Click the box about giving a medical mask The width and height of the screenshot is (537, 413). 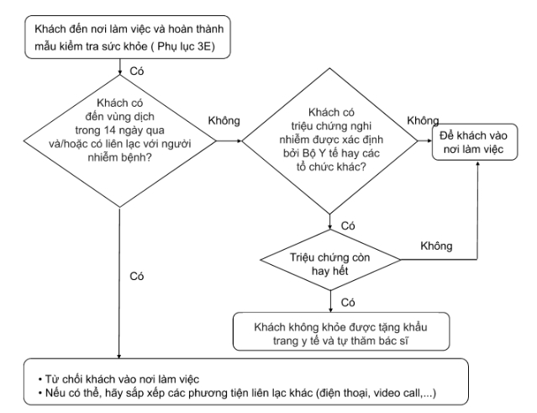[x=335, y=331]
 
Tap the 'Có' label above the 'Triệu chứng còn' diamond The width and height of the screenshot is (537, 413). [x=349, y=225]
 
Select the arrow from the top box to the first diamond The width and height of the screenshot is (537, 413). [x=121, y=67]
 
